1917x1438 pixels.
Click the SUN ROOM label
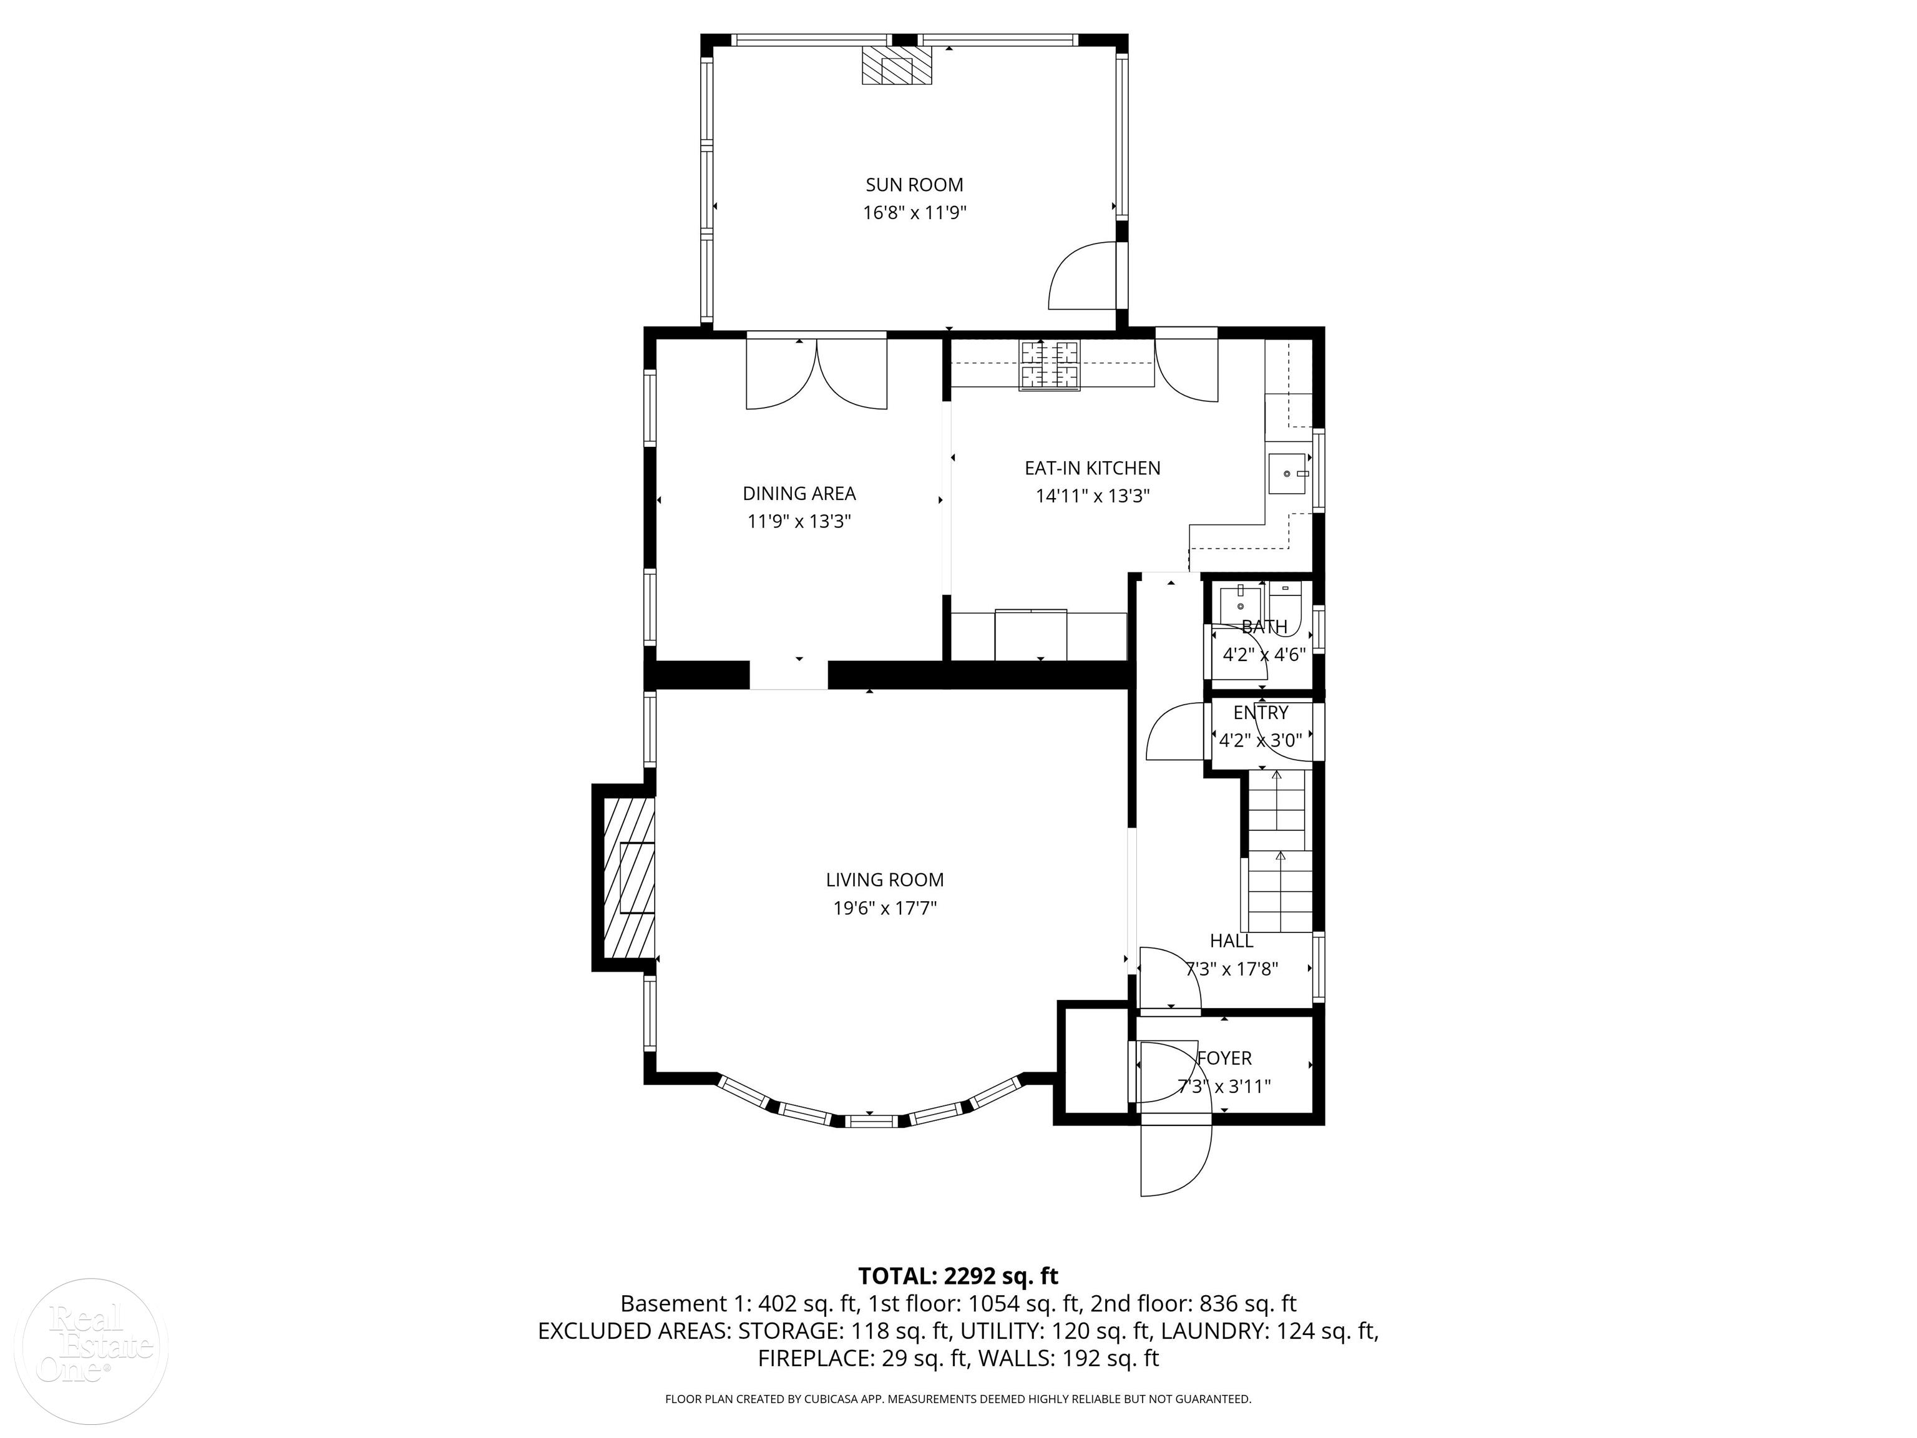(x=914, y=185)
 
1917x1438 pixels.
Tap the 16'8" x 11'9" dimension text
(x=914, y=212)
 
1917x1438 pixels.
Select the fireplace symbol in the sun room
(x=897, y=66)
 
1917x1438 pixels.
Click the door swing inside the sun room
(x=1083, y=277)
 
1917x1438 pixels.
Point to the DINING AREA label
(x=799, y=493)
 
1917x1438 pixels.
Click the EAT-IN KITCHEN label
(x=1092, y=468)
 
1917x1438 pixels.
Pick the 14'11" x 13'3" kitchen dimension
(x=1092, y=496)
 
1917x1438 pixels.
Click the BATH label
(x=1264, y=627)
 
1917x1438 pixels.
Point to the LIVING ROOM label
(x=885, y=880)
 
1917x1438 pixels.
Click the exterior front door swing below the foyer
(x=1174, y=1160)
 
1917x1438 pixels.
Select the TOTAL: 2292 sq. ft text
(x=958, y=1276)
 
